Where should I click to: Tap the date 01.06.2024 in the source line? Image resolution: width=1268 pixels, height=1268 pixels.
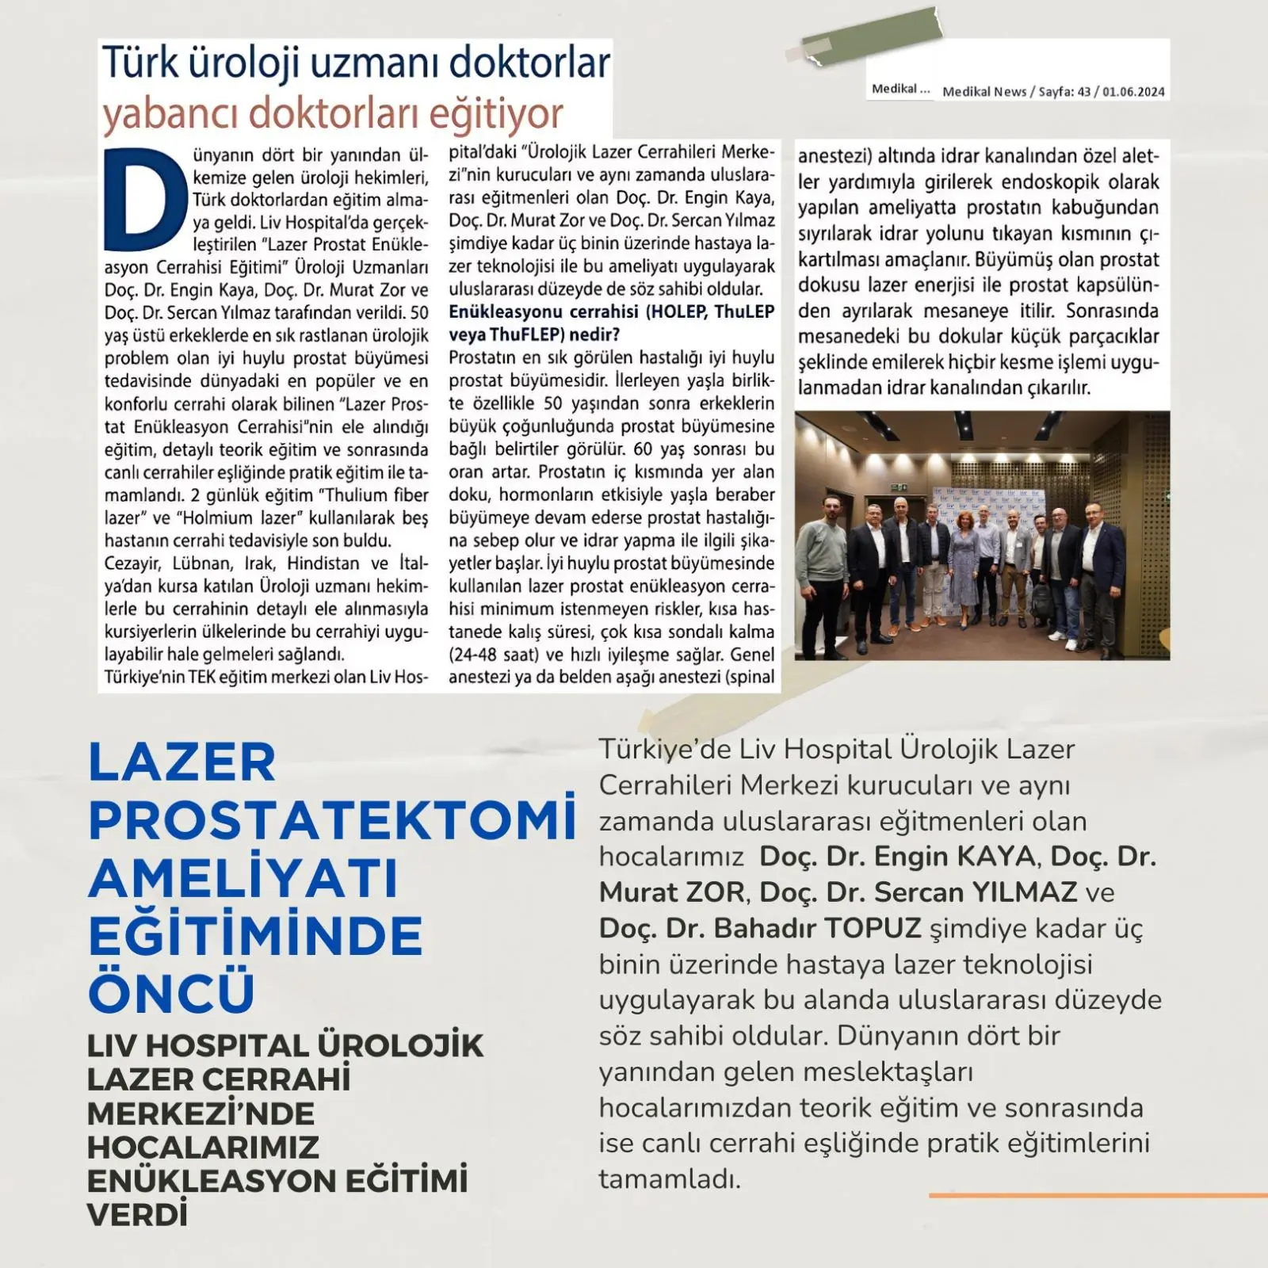tap(1133, 92)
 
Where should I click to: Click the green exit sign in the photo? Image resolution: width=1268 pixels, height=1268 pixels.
tap(897, 488)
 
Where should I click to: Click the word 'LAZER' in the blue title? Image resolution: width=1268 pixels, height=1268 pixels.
tap(182, 762)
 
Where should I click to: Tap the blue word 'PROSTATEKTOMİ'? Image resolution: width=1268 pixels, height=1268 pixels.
tap(331, 820)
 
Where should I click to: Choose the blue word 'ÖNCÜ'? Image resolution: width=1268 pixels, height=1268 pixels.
tap(171, 992)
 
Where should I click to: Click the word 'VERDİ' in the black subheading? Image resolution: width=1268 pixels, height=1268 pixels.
tap(138, 1215)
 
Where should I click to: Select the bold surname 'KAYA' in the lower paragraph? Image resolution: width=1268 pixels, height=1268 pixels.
tap(996, 857)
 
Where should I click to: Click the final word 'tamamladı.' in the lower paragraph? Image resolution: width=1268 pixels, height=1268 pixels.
tap(670, 1179)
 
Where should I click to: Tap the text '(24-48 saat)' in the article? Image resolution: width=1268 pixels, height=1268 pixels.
tap(495, 655)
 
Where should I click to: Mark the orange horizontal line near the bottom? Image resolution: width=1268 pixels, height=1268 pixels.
tap(1098, 1195)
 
